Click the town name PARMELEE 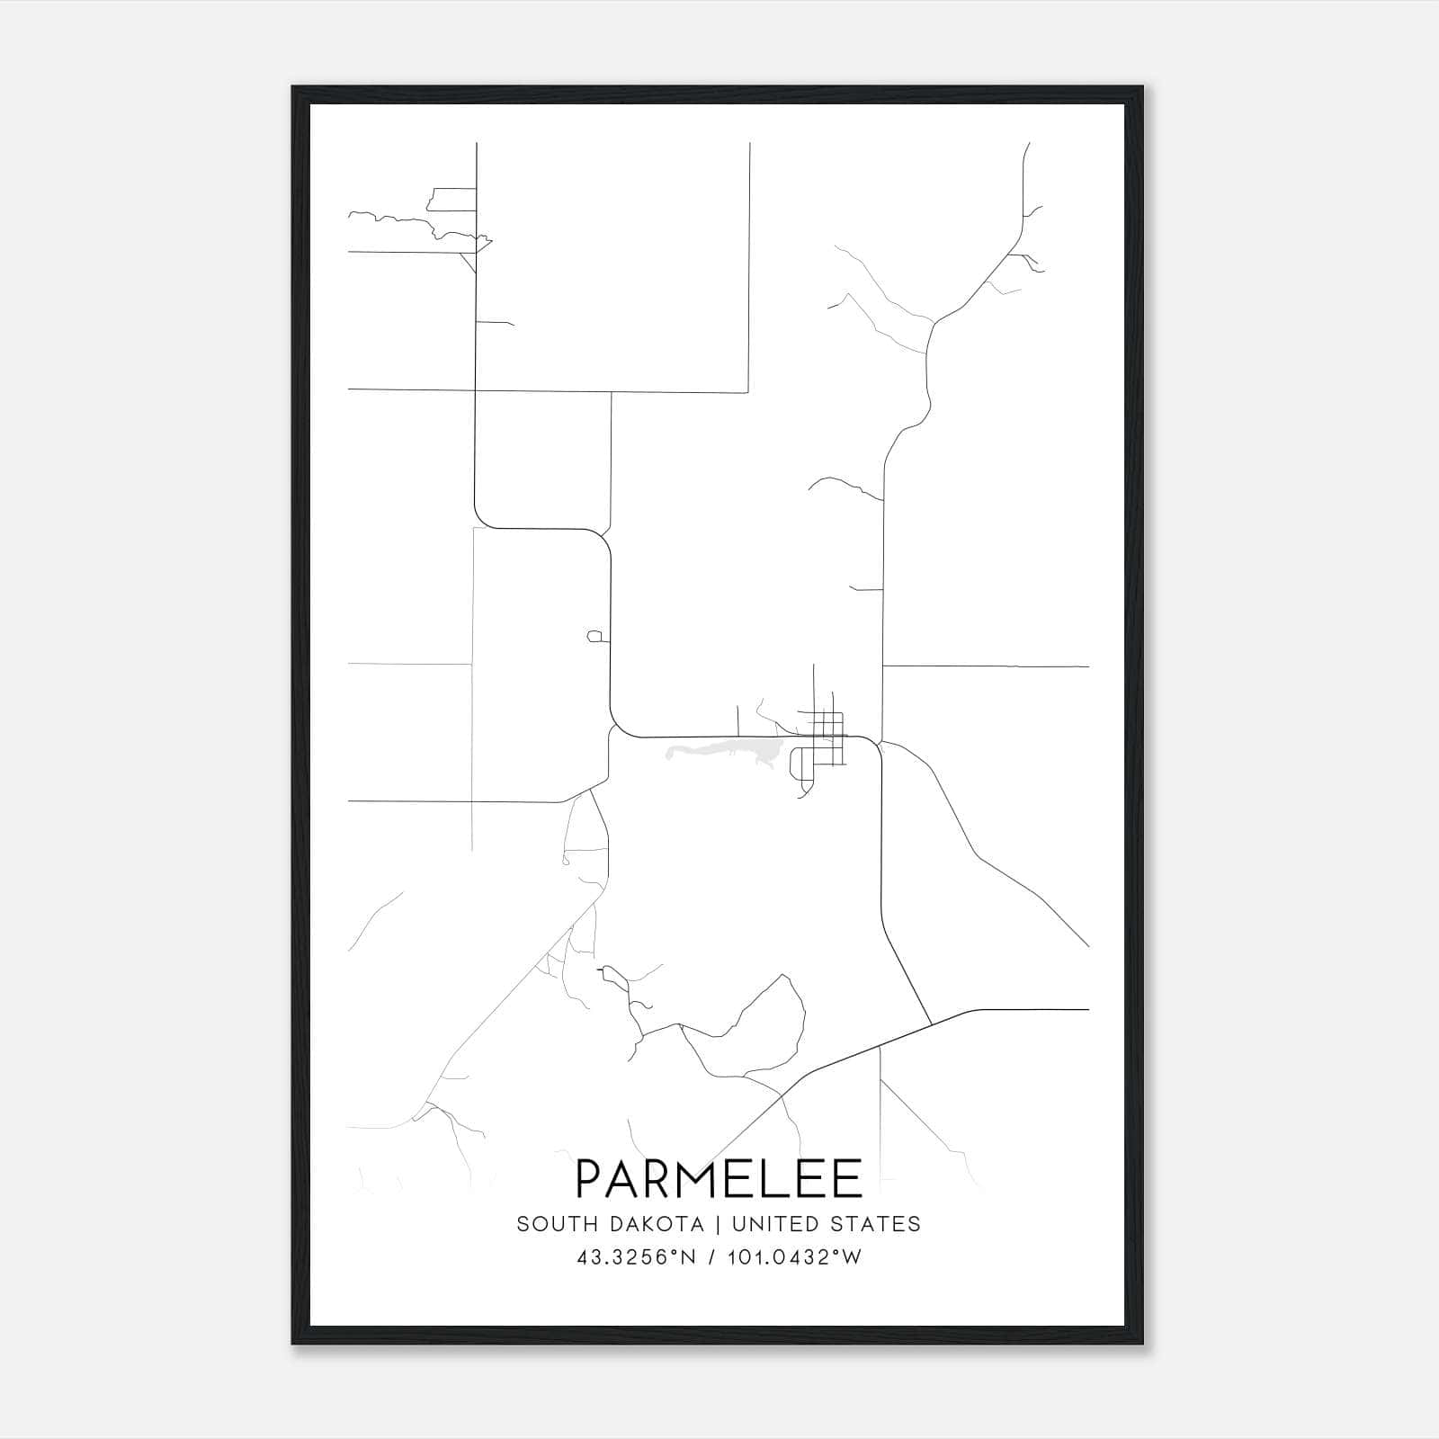point(719,1178)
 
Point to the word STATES point(880,1224)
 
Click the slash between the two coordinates point(713,1257)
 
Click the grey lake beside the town point(719,752)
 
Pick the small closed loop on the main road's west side point(594,637)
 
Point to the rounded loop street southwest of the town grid point(797,764)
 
